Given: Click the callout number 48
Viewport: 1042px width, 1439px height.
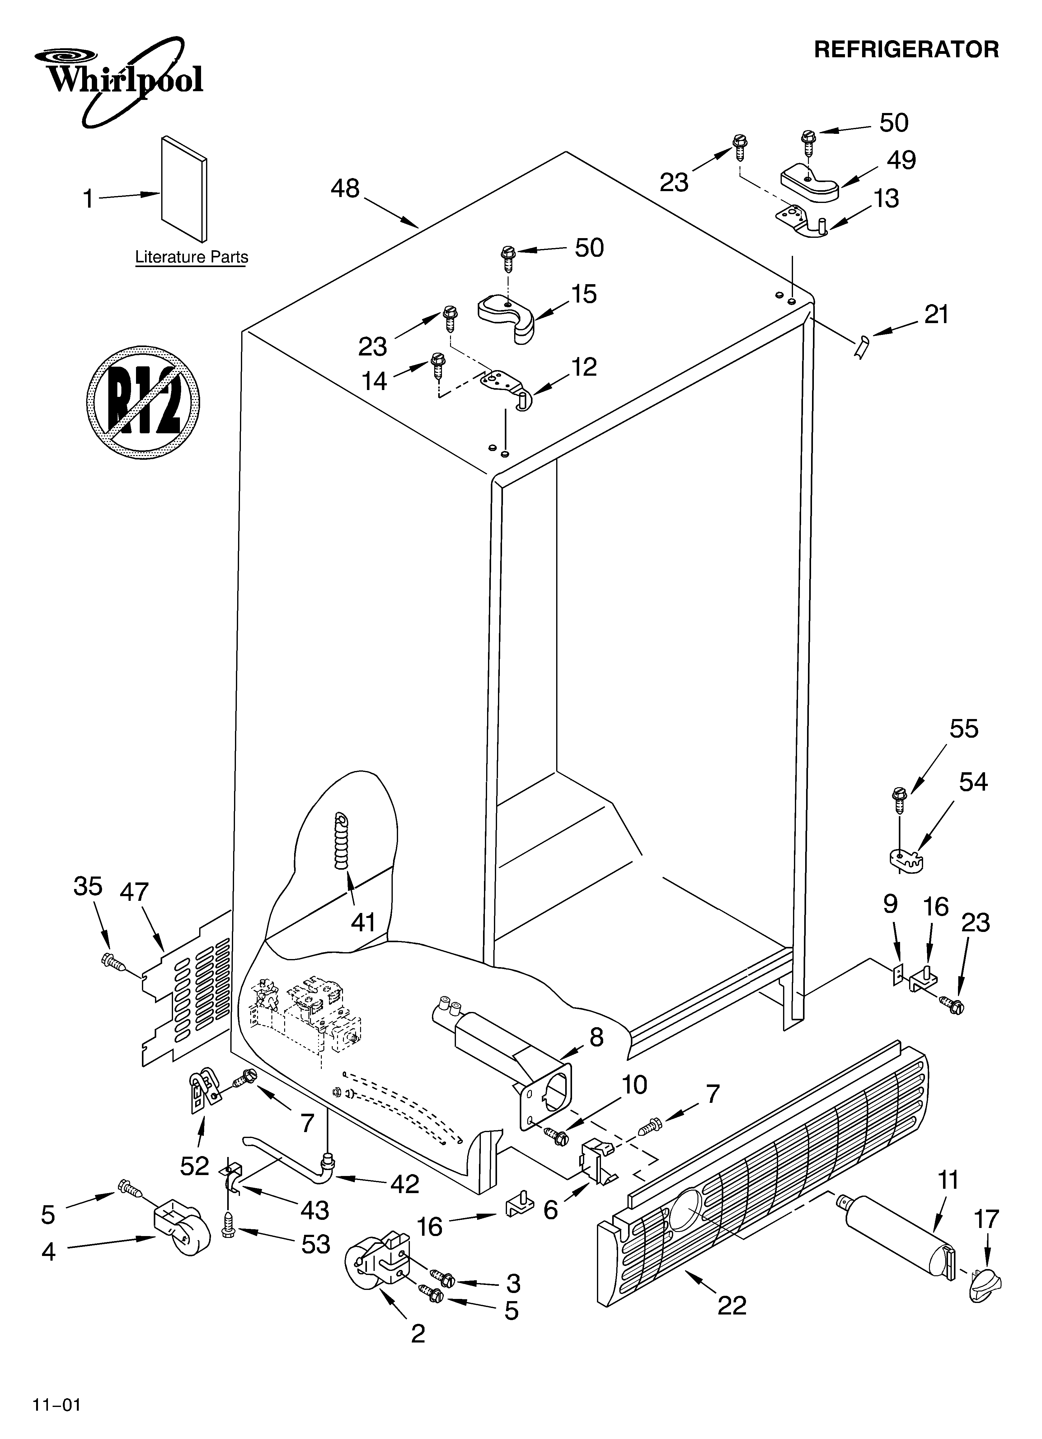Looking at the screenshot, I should [345, 188].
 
